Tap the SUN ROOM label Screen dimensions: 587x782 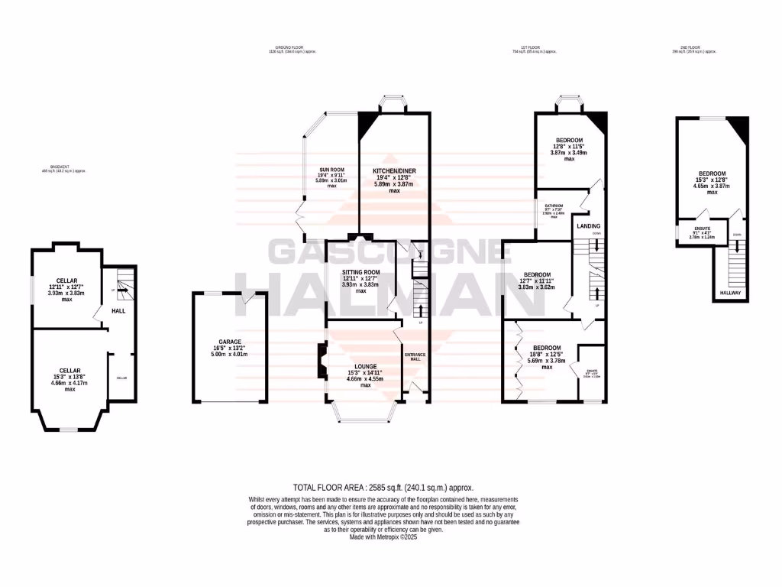click(x=331, y=170)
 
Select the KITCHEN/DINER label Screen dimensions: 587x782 click(x=394, y=170)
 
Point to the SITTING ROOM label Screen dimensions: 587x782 click(x=361, y=272)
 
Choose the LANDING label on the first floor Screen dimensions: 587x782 click(x=588, y=226)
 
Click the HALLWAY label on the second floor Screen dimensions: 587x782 click(x=732, y=293)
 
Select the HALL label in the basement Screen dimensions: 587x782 click(x=118, y=311)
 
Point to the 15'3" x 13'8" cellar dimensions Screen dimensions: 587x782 click(x=69, y=377)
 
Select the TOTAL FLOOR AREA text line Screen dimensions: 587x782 click(x=384, y=487)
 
